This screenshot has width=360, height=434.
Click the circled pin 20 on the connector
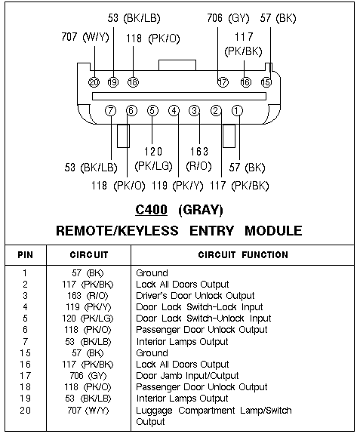tap(94, 82)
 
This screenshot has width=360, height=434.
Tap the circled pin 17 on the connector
tap(223, 82)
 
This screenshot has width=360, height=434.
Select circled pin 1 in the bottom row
tap(237, 111)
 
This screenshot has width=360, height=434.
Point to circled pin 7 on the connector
tap(111, 111)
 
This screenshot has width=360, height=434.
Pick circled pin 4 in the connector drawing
tap(174, 111)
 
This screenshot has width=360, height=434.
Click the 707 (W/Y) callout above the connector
tap(85, 37)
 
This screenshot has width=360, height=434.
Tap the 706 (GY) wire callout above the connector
tap(228, 18)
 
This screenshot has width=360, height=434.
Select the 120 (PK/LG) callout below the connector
tap(153, 159)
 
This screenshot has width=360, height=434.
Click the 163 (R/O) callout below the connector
tap(199, 159)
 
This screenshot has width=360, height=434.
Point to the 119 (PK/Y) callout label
tap(177, 186)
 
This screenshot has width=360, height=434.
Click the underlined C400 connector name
tap(152, 210)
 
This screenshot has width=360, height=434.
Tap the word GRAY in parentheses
tap(201, 210)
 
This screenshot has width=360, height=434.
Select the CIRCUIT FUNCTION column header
tap(243, 255)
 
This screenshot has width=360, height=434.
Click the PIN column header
tap(26, 255)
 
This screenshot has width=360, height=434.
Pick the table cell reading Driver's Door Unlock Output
tap(195, 296)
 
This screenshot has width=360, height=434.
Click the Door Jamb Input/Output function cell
tap(187, 376)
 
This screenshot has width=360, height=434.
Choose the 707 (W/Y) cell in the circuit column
tap(88, 410)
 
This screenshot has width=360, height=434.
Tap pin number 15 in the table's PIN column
tap(25, 353)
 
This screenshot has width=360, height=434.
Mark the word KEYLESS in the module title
tap(149, 231)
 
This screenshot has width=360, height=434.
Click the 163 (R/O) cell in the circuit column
tap(88, 296)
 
